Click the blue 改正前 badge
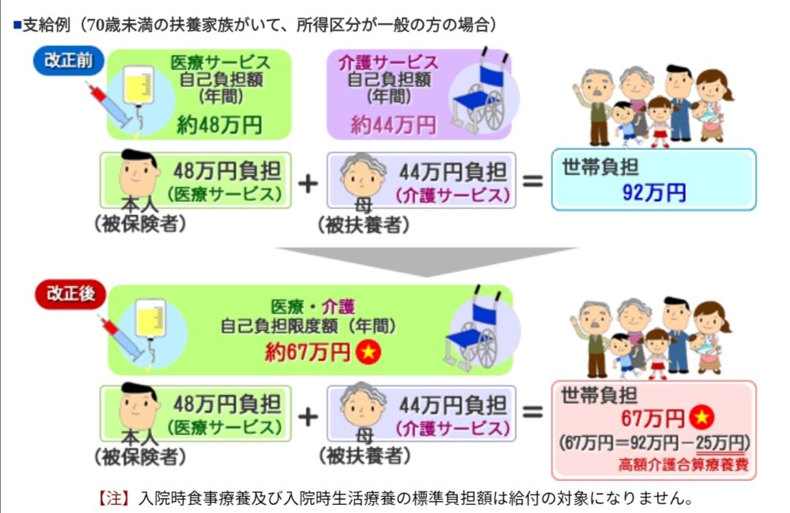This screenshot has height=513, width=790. coord(69,61)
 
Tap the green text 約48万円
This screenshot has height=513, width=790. coord(219,125)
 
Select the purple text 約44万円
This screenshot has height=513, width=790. coord(393,125)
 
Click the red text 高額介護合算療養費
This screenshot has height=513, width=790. coord(683,465)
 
